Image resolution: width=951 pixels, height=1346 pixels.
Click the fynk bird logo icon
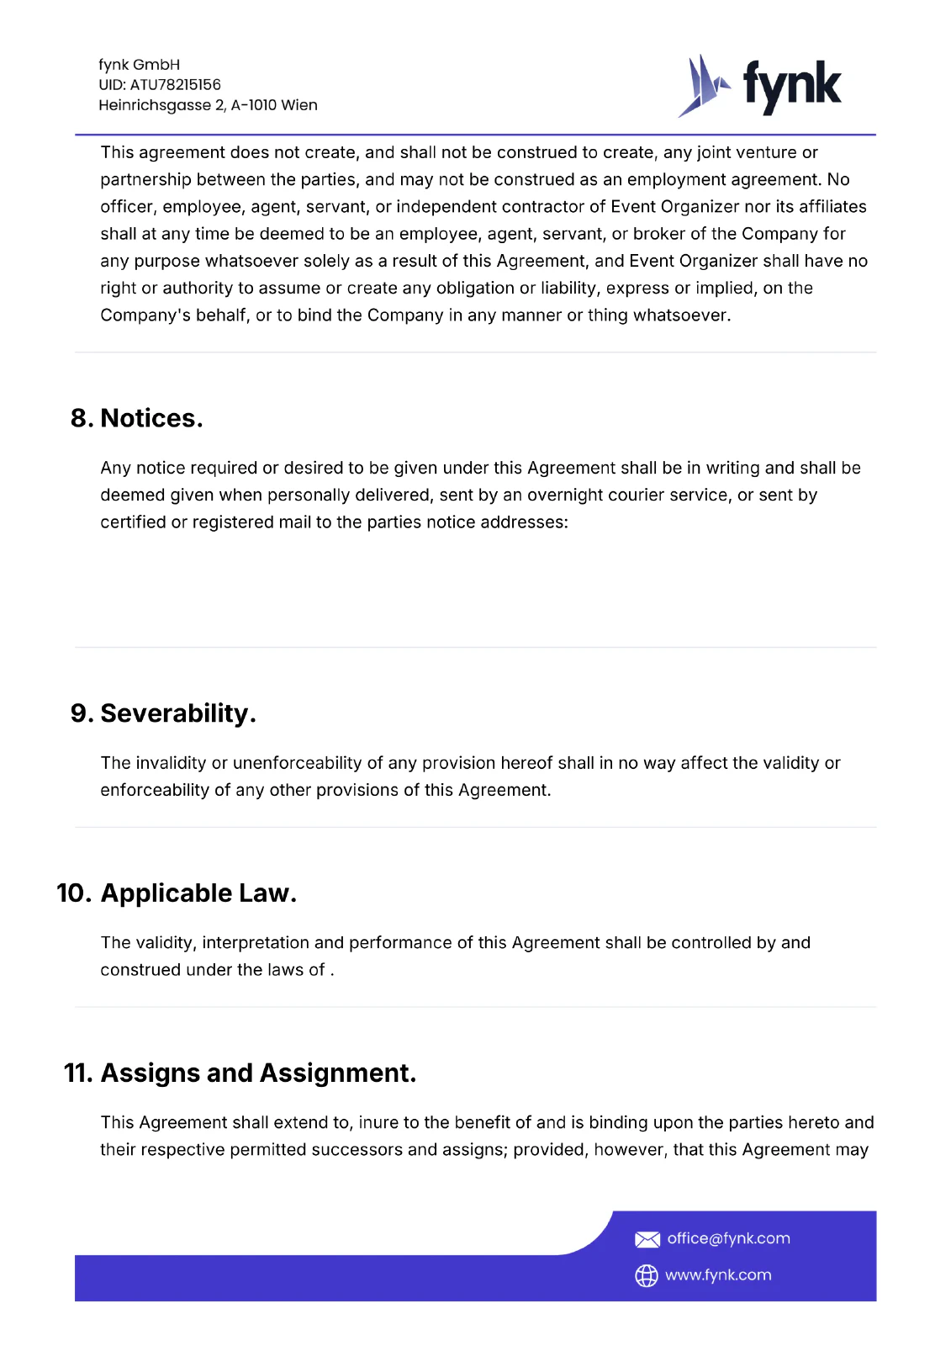702,86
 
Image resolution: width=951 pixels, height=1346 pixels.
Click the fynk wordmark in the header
791,86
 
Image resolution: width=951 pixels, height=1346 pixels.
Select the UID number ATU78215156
175,85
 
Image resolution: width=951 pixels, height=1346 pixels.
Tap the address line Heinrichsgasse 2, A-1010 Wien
208,105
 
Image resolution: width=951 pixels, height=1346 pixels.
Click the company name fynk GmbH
139,65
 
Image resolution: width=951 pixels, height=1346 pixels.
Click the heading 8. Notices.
137,418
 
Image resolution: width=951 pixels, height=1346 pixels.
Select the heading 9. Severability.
163,713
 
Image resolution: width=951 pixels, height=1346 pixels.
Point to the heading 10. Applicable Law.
177,893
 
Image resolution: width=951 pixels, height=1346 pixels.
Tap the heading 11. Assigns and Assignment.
240,1073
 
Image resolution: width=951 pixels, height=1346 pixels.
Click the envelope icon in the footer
647,1239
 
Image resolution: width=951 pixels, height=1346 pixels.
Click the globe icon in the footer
646,1276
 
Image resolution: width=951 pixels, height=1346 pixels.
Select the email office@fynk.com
728,1238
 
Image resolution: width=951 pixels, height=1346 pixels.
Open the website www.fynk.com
718,1275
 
